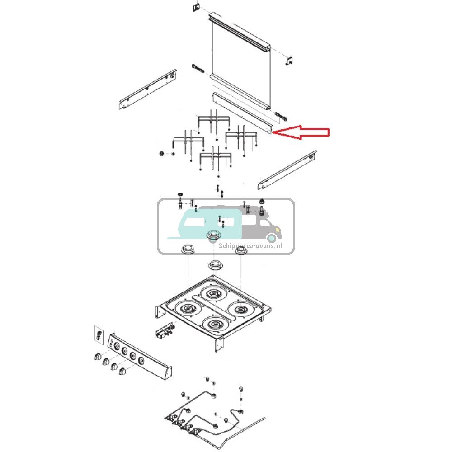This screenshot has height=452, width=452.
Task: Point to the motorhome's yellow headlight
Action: [272, 237]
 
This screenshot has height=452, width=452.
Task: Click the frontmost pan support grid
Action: [216, 158]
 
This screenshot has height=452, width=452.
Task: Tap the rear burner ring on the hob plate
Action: [212, 293]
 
